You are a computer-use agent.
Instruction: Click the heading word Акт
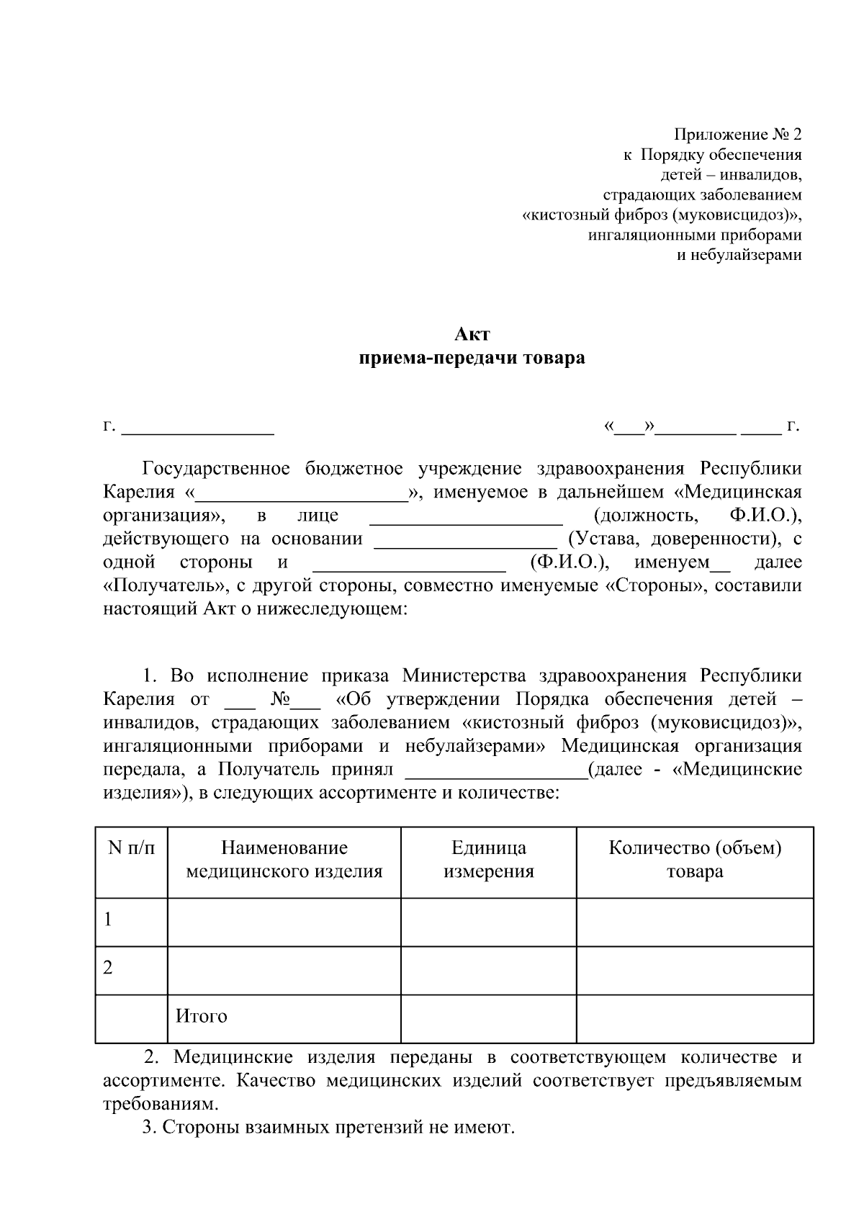click(472, 334)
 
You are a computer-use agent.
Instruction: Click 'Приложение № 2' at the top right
click(737, 135)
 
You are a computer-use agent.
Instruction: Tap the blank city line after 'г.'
click(198, 429)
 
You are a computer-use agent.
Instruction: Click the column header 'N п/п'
click(131, 848)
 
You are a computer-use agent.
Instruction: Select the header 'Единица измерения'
click(488, 860)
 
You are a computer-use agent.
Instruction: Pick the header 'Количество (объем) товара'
click(694, 860)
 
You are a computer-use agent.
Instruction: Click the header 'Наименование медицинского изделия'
click(284, 860)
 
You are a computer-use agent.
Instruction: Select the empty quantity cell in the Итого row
click(694, 1018)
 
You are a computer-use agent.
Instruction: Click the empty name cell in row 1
click(284, 922)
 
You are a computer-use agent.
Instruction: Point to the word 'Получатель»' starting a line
click(163, 585)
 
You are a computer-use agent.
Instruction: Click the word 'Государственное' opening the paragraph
click(216, 469)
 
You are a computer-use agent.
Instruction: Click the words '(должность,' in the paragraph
click(645, 516)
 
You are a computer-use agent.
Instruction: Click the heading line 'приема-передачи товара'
click(472, 358)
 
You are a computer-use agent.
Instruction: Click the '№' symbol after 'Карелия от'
click(281, 699)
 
